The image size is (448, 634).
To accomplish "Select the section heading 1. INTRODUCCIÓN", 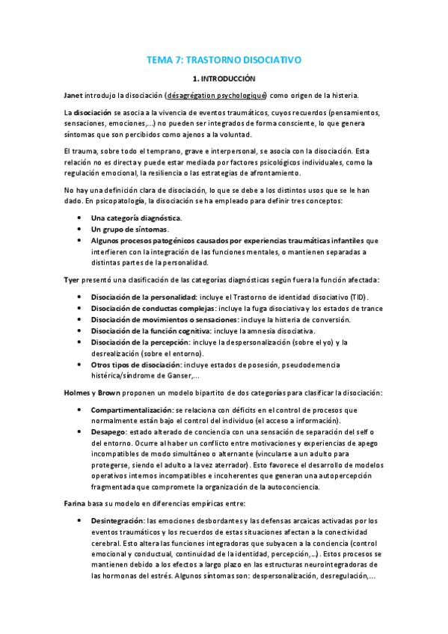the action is pos(224,78).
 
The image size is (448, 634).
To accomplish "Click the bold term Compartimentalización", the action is pos(131,410).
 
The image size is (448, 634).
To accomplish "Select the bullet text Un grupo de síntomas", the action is pos(129,229).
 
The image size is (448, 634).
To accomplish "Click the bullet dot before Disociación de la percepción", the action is pos(80,342).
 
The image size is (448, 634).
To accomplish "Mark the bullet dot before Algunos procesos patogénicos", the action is pos(80,241).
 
